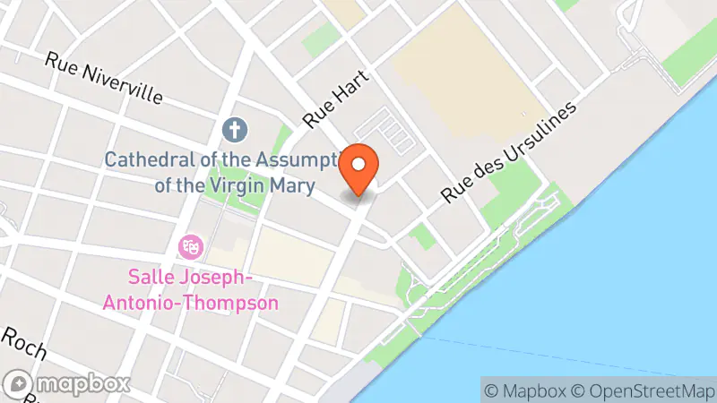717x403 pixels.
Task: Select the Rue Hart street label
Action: pyautogui.click(x=331, y=107)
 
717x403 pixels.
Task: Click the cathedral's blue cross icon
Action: pyautogui.click(x=235, y=131)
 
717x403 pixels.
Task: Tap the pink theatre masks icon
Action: pyautogui.click(x=190, y=244)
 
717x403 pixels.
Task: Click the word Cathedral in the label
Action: pyautogui.click(x=144, y=160)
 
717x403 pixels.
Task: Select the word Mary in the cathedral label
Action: pyautogui.click(x=293, y=186)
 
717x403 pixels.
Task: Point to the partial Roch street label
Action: pyautogui.click(x=22, y=342)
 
